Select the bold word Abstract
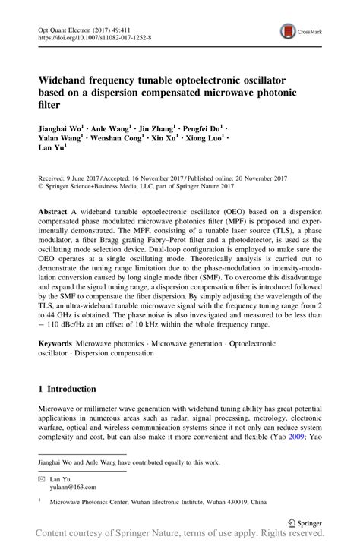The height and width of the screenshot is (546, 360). pos(55,208)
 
